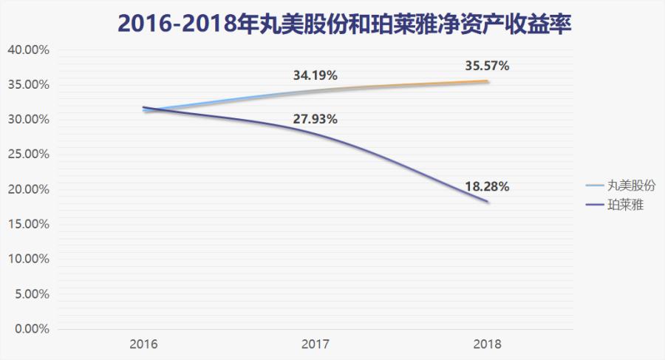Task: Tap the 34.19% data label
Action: pyautogui.click(x=316, y=75)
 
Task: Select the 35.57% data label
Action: pyautogui.click(x=487, y=66)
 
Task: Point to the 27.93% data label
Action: pyautogui.click(x=316, y=119)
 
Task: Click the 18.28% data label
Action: pyautogui.click(x=487, y=186)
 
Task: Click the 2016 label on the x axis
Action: pyautogui.click(x=143, y=344)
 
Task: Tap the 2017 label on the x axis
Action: pyautogui.click(x=316, y=344)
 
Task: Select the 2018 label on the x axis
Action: pyautogui.click(x=488, y=344)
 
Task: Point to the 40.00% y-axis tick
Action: pyautogui.click(x=27, y=50)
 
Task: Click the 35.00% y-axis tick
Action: pyautogui.click(x=27, y=85)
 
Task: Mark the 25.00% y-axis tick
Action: pyautogui.click(x=27, y=154)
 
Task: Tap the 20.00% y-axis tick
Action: pyautogui.click(x=27, y=190)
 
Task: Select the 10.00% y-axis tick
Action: pyautogui.click(x=27, y=259)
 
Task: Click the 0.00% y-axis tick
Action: pyautogui.click(x=30, y=329)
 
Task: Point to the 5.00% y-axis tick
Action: pyautogui.click(x=30, y=294)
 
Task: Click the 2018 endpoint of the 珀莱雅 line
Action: pyautogui.click(x=488, y=202)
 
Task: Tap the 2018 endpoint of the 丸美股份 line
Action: pyautogui.click(x=488, y=81)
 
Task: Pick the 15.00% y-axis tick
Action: pyautogui.click(x=27, y=225)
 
